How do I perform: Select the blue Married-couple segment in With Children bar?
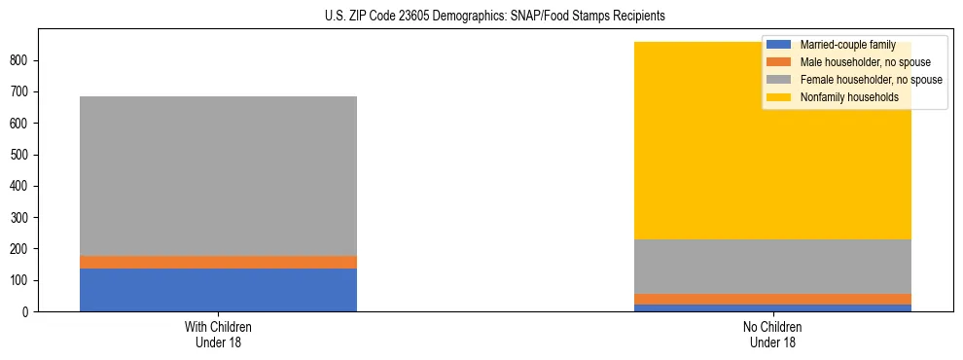tap(218, 289)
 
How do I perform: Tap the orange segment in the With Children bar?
tap(218, 262)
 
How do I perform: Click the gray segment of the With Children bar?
tap(218, 175)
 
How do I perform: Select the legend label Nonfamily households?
tap(842, 97)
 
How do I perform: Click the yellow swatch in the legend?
tap(779, 97)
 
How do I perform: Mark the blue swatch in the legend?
tap(779, 45)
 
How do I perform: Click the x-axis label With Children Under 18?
tap(218, 334)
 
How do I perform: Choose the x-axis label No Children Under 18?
tap(772, 334)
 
